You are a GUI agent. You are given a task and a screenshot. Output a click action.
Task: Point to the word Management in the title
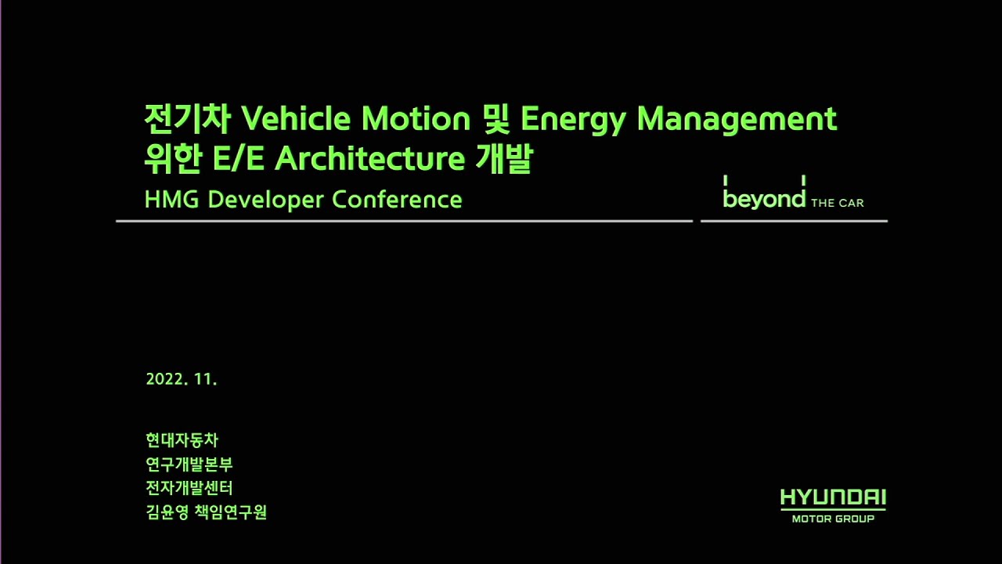click(x=737, y=119)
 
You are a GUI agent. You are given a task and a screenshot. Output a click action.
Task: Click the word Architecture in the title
click(x=370, y=159)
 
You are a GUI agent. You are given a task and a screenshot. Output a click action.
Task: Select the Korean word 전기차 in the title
click(x=188, y=119)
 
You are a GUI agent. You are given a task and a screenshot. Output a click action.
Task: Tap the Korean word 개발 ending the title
click(x=504, y=159)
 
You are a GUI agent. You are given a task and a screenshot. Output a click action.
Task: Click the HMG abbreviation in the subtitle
click(x=172, y=200)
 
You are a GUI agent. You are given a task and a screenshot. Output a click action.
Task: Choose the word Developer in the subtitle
click(x=266, y=201)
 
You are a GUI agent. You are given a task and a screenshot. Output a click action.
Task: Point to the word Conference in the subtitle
click(x=397, y=200)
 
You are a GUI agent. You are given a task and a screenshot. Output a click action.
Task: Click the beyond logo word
click(x=764, y=199)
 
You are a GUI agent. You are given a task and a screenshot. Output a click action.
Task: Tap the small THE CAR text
click(x=837, y=204)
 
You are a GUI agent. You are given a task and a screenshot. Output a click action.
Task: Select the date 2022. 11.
click(x=181, y=380)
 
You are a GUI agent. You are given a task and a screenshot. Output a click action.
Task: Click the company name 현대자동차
click(x=182, y=440)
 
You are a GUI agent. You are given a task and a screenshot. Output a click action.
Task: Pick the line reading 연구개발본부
click(x=189, y=465)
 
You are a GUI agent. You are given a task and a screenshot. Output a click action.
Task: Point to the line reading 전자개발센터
click(x=189, y=488)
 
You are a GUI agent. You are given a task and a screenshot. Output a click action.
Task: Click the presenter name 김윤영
click(x=167, y=513)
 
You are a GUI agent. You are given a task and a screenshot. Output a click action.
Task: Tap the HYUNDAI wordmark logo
click(x=833, y=498)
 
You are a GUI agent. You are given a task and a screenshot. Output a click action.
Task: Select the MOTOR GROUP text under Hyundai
click(x=833, y=519)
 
